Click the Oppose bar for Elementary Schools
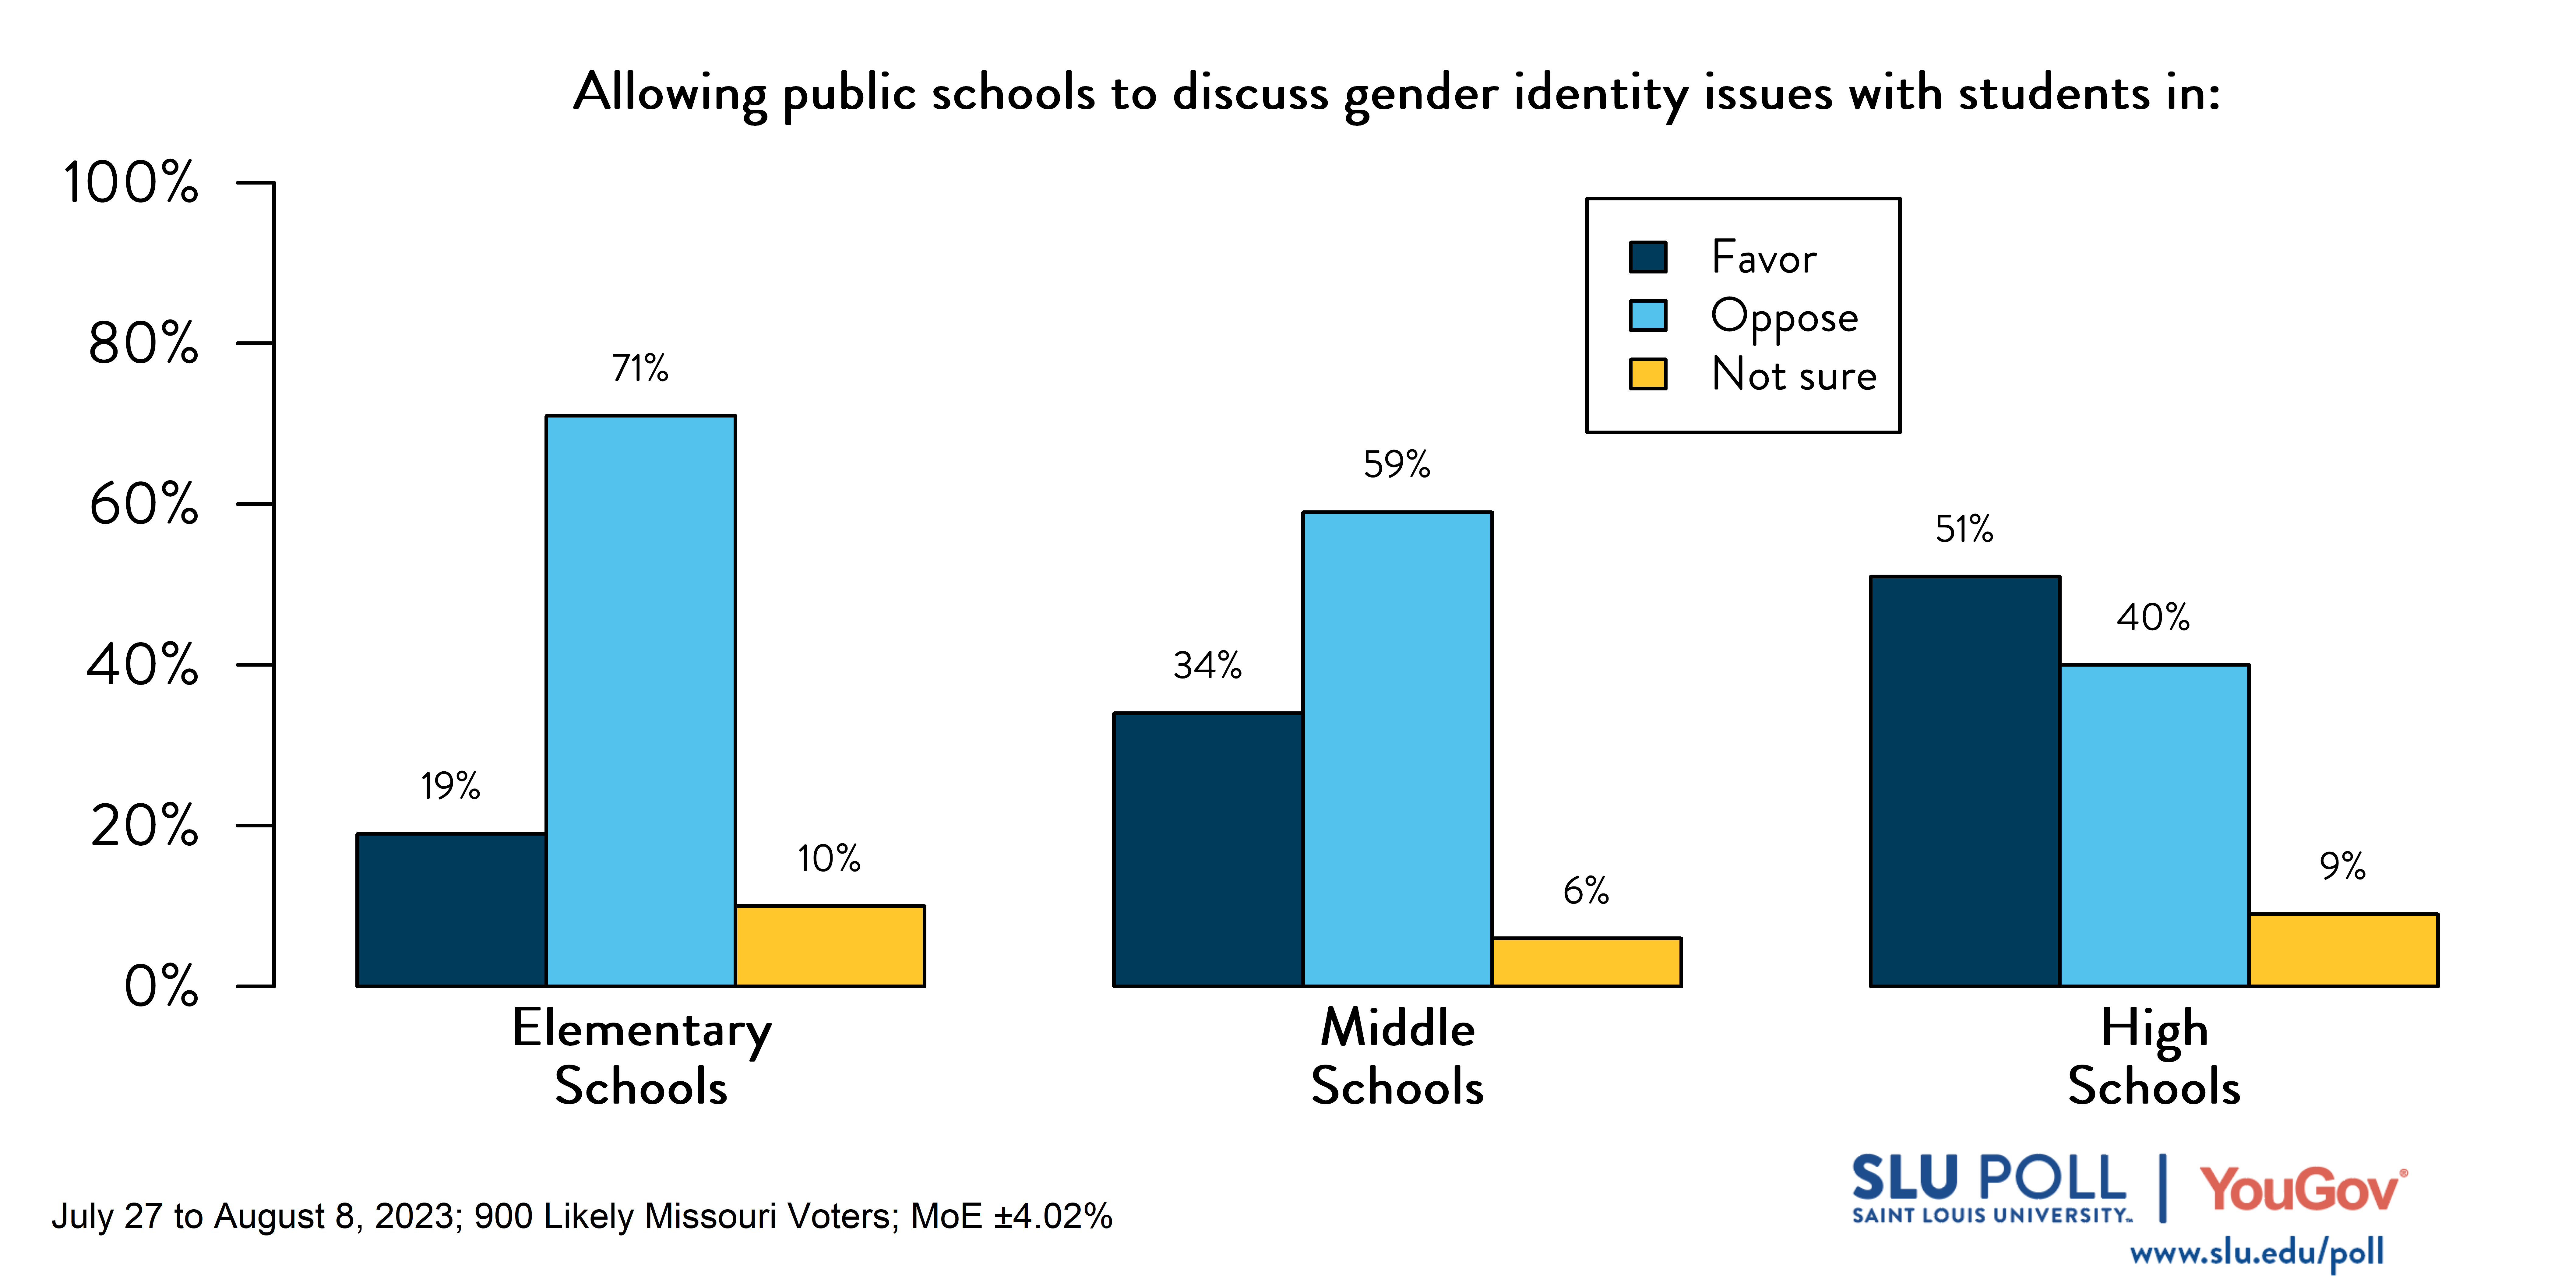[x=640, y=700]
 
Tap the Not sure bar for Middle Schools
[x=1586, y=961]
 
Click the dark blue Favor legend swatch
[x=1647, y=257]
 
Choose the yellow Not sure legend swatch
[x=1647, y=374]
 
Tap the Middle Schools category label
[x=1397, y=1057]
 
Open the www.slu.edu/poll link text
[x=2256, y=1253]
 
